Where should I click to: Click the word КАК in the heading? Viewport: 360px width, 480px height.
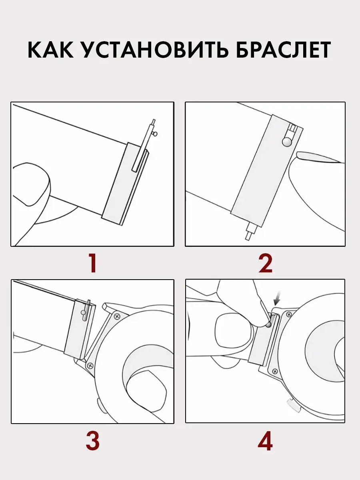click(50, 50)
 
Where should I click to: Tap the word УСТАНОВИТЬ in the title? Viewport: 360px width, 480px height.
click(155, 50)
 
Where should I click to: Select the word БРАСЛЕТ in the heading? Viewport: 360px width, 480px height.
click(283, 50)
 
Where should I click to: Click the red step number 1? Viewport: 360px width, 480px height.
click(93, 264)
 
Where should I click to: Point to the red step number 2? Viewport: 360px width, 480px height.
click(265, 264)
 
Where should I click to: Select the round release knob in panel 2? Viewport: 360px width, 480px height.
click(287, 142)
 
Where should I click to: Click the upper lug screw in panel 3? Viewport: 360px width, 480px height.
click(117, 316)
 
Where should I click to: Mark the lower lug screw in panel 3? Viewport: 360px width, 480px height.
click(90, 365)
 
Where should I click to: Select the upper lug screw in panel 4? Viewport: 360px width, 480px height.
click(289, 314)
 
